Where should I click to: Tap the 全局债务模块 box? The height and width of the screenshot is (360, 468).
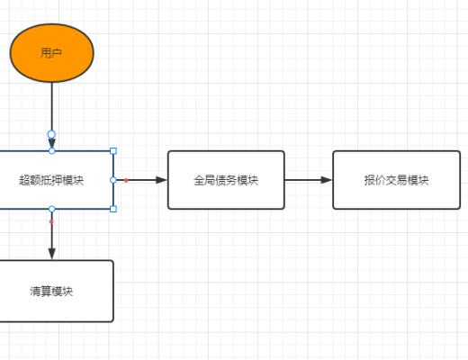(226, 180)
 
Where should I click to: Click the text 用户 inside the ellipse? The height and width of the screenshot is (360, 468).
(51, 53)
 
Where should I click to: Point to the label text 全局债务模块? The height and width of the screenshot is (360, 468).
(226, 180)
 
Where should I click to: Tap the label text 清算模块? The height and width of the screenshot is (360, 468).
(51, 291)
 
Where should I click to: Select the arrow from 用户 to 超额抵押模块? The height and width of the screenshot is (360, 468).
(51, 108)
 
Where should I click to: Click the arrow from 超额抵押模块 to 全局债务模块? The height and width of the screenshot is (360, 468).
(144, 180)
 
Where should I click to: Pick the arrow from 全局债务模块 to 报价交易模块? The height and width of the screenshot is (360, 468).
(308, 180)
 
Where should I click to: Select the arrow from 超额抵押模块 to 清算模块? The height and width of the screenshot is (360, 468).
(51, 236)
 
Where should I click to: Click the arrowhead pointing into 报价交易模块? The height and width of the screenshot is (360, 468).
(327, 180)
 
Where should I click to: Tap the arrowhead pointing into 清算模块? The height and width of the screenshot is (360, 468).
(51, 254)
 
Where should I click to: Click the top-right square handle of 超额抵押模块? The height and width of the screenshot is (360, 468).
(113, 151)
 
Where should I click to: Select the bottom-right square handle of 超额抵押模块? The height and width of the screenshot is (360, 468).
(113, 209)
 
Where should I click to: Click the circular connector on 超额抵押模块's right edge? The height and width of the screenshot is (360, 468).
(113, 180)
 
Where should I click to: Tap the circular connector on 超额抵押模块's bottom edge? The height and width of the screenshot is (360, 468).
(51, 209)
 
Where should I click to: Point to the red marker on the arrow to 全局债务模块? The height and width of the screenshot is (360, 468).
(126, 180)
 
